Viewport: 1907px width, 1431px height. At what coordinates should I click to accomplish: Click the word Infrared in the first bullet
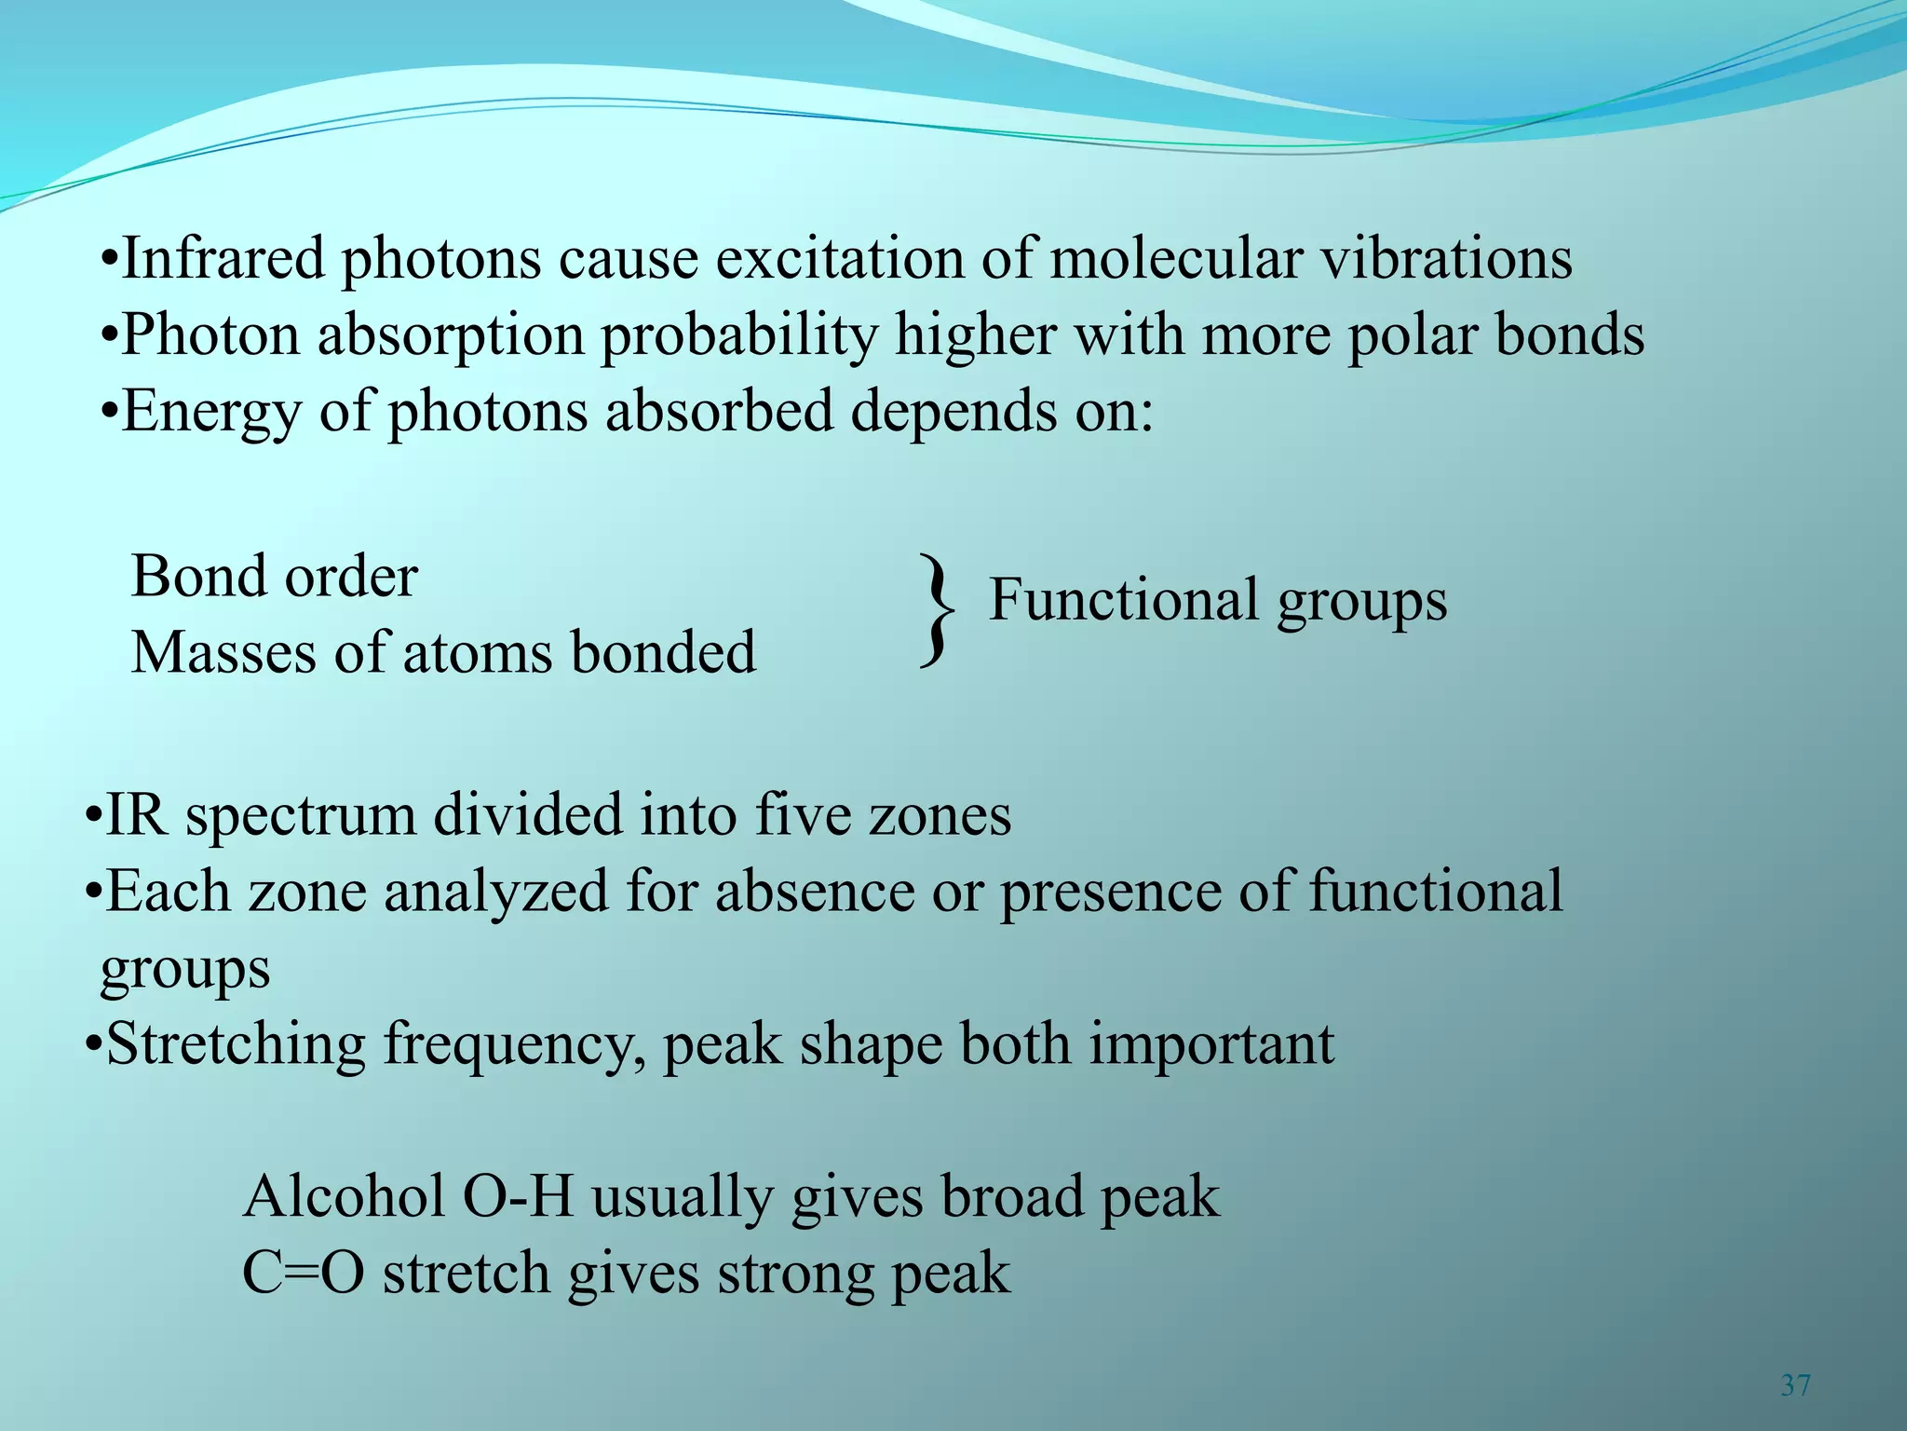(x=223, y=258)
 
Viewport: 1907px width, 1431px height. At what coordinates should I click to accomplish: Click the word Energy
(x=212, y=412)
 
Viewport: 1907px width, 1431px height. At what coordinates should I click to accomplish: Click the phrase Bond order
(x=275, y=577)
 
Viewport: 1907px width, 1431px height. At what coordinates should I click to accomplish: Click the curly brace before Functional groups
(x=937, y=611)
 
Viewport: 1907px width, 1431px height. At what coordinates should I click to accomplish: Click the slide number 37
(x=1795, y=1385)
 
